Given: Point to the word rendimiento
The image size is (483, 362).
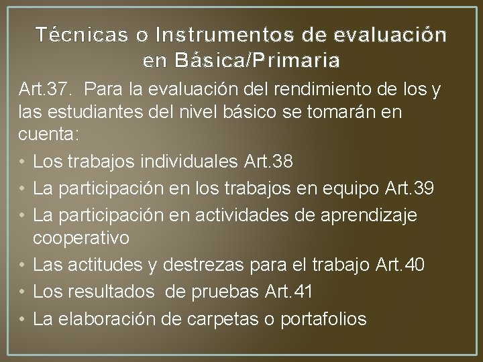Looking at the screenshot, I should point(315,89).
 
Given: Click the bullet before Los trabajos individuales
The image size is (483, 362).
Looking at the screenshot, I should point(22,163).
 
